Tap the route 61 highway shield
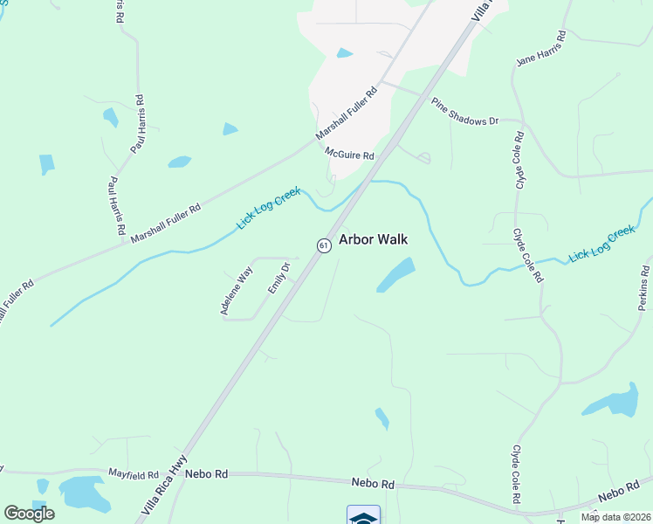tap(324, 245)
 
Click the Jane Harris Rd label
tap(542, 49)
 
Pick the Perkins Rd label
tap(643, 286)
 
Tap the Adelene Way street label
tap(235, 291)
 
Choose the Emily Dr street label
tap(278, 278)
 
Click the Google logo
tap(29, 514)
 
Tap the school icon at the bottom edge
tap(363, 515)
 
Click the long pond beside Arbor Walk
tap(395, 274)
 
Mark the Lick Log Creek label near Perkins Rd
tap(601, 245)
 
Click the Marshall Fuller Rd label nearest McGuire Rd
tap(347, 114)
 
